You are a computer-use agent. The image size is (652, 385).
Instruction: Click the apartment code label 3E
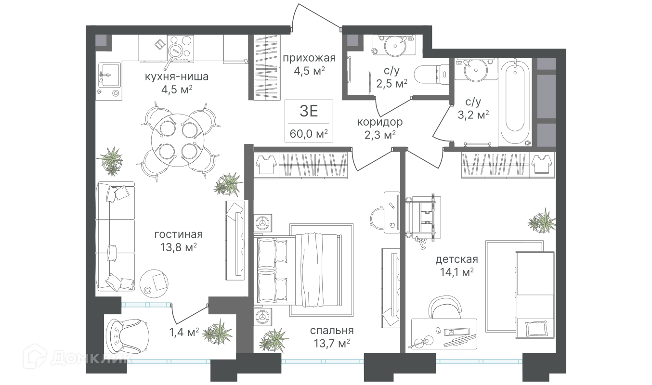click(309, 111)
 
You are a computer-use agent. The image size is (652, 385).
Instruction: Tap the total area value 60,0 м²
click(309, 134)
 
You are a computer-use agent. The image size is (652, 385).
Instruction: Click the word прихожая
click(309, 58)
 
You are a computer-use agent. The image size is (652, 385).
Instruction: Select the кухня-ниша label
click(177, 77)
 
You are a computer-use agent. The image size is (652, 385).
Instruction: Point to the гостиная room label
click(179, 234)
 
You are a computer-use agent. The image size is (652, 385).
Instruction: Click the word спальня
click(332, 331)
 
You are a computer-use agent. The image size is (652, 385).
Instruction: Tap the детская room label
click(456, 259)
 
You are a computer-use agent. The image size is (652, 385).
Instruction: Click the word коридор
click(380, 122)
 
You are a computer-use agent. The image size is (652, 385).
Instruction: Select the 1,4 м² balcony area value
click(184, 332)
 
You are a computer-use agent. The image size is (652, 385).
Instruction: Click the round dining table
click(178, 140)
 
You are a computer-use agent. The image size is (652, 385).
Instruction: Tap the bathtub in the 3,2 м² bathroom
click(515, 102)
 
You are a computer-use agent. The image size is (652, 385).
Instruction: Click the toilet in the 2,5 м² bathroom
click(431, 75)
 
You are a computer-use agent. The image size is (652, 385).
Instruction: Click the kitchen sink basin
click(109, 75)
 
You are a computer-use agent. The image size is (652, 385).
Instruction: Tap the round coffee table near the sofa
click(154, 284)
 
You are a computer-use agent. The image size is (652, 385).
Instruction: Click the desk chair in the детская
click(445, 308)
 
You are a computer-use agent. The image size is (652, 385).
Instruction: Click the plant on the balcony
click(218, 332)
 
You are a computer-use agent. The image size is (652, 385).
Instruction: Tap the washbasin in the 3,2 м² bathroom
click(476, 69)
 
